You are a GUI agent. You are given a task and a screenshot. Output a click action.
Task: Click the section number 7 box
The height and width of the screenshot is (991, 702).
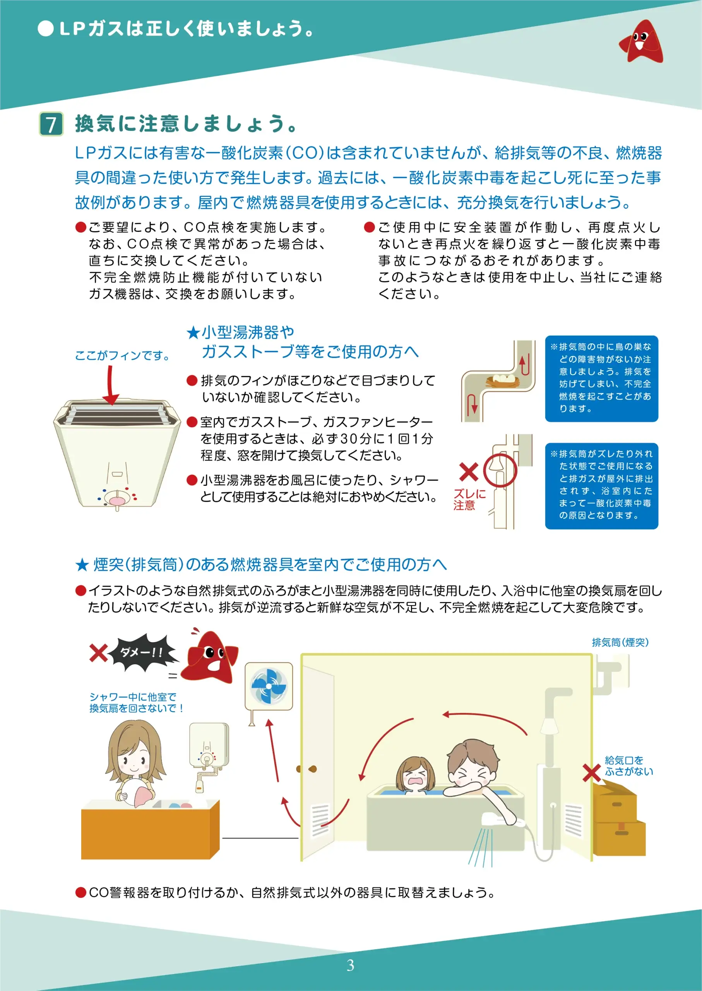51,124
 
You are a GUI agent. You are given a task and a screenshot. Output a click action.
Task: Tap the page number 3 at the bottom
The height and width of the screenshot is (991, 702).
351,965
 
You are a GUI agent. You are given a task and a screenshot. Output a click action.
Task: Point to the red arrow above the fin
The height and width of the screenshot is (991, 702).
111,385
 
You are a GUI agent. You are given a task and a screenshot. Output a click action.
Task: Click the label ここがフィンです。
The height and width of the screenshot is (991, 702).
122,355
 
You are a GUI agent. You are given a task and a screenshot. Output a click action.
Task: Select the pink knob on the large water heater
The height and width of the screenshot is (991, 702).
117,501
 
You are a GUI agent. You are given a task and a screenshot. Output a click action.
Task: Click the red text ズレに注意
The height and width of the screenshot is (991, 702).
469,499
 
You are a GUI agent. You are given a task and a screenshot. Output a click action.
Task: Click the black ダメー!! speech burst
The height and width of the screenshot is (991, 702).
143,652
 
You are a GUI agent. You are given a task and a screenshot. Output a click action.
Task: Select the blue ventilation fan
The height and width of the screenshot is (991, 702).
269,686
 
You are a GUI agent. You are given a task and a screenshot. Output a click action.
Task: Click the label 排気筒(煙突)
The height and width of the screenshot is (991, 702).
620,642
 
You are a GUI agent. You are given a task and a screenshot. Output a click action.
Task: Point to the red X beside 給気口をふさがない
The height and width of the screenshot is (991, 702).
591,773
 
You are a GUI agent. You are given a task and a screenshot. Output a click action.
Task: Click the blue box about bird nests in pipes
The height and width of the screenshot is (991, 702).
601,378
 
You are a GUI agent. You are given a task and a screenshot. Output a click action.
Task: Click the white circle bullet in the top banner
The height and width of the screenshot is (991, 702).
45,29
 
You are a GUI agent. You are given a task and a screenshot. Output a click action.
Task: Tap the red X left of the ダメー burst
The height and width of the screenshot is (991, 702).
99,653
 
